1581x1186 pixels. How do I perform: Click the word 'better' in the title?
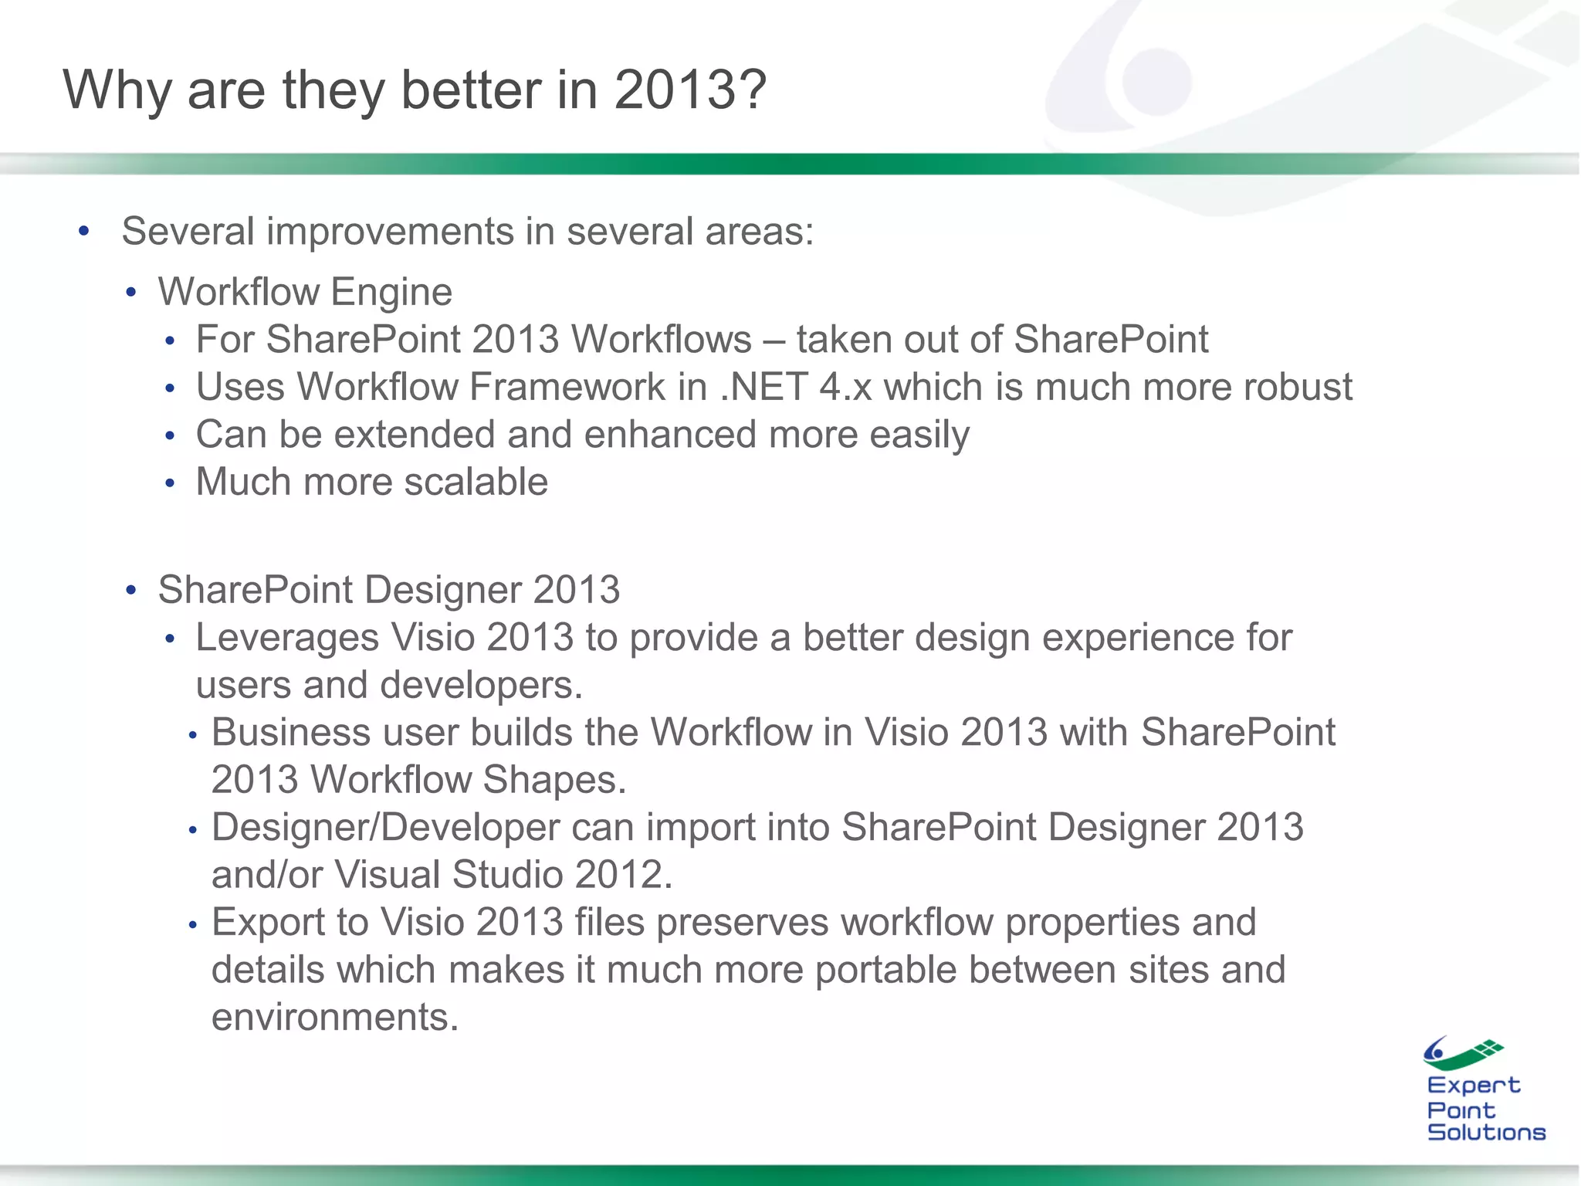click(x=471, y=90)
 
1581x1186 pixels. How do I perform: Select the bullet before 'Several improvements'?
click(x=84, y=231)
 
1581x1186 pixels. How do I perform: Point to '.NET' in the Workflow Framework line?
click(x=763, y=387)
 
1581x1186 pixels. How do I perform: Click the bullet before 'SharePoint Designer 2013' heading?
click(x=131, y=591)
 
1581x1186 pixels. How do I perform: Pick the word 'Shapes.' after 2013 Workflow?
click(x=554, y=780)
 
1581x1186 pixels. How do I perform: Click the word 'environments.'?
click(x=335, y=1018)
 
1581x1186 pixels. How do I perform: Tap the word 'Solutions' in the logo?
click(x=1486, y=1133)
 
